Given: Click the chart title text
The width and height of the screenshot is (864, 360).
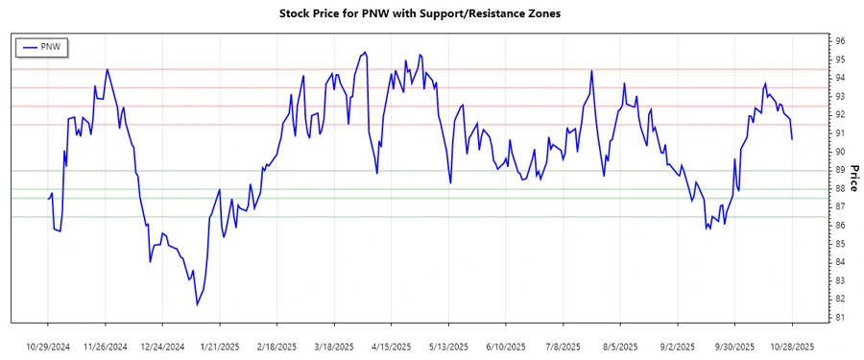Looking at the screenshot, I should tap(431, 14).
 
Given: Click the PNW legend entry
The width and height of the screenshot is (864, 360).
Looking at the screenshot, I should tap(43, 46).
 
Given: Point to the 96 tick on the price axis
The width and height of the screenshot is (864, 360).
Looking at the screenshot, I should tap(839, 41).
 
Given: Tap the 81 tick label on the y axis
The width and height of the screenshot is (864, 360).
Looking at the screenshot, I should tap(839, 318).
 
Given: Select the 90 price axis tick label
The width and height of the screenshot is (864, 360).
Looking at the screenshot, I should tap(839, 152).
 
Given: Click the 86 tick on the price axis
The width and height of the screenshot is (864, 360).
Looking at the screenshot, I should tap(839, 226).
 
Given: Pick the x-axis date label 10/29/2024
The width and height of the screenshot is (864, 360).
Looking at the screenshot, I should tap(48, 346).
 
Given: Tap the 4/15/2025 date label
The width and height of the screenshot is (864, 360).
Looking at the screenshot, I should tap(392, 346).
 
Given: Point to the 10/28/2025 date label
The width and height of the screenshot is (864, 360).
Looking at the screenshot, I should tap(792, 346).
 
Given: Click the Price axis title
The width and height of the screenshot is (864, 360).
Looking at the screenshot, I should tap(853, 178).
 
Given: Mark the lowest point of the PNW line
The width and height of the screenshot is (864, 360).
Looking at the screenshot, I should tap(197, 304).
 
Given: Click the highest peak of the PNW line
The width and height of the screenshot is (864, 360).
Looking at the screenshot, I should tap(364, 52).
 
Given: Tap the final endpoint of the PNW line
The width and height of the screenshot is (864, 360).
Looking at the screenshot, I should tap(792, 139).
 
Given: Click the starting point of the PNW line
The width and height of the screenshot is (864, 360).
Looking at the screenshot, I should tap(48, 198).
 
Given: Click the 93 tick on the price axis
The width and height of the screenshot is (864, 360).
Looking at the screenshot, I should tap(839, 96).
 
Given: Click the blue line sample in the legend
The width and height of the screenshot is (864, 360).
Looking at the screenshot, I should tap(28, 46).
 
